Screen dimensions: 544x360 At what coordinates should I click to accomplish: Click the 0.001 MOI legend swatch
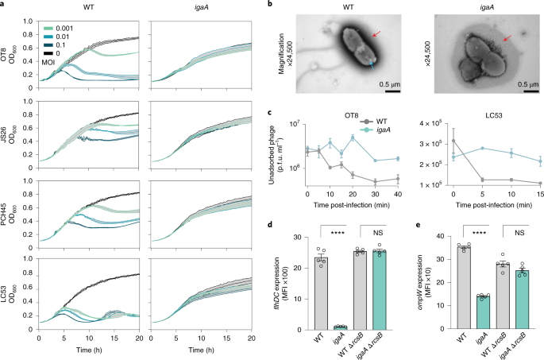pos(48,29)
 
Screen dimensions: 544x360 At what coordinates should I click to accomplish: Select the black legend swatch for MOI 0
pos(48,54)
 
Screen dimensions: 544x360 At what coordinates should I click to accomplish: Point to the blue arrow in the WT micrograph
pos(372,65)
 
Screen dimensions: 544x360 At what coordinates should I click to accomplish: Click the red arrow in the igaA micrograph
pos(507,37)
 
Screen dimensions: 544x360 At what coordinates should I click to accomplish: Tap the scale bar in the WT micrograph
pos(392,91)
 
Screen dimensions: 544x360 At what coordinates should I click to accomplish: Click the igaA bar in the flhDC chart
pos(340,327)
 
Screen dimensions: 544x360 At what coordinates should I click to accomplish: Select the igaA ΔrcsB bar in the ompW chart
pos(522,300)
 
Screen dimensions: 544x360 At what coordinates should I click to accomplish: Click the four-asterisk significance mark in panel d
pos(338,234)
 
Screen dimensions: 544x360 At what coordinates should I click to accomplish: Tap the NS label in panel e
pos(519,233)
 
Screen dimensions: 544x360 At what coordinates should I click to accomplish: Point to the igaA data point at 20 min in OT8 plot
pos(353,137)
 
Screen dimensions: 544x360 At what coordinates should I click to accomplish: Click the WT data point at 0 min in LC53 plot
pos(453,141)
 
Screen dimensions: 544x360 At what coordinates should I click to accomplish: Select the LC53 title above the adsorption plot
pos(492,115)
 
